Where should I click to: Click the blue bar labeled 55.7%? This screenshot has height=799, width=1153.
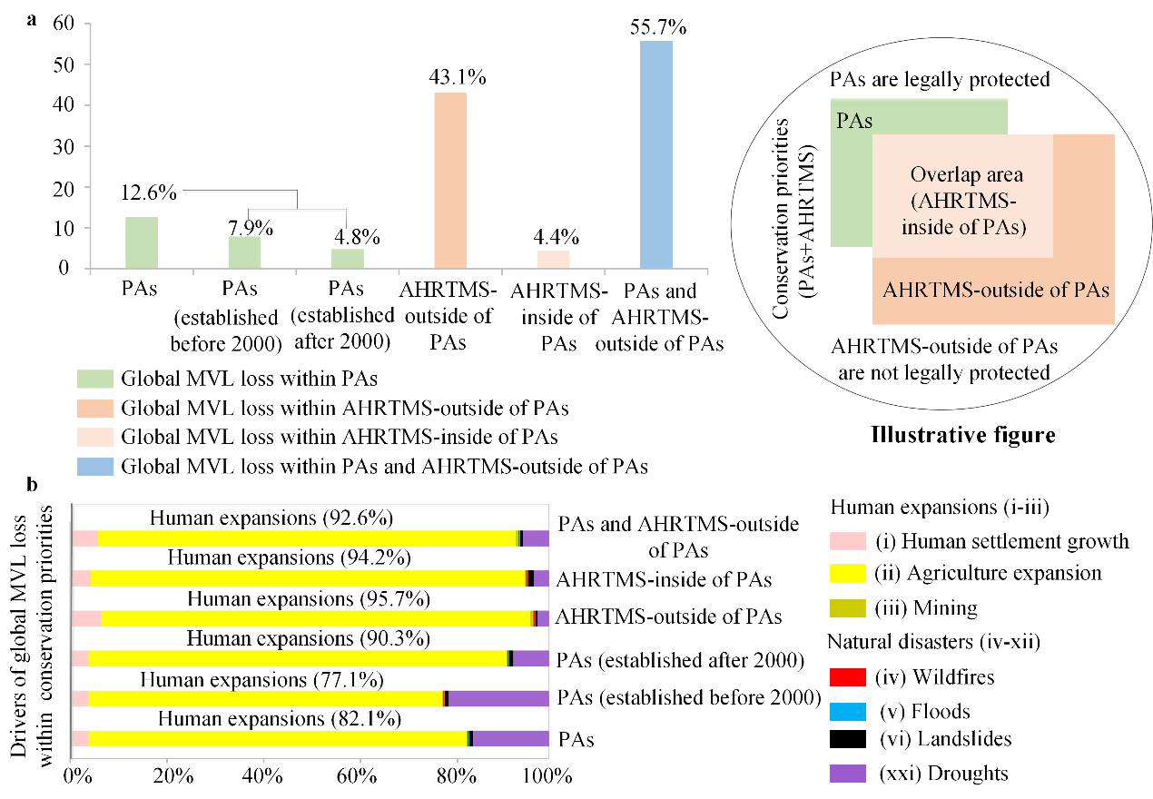coord(656,154)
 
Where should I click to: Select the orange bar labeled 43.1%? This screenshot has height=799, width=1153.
coord(450,180)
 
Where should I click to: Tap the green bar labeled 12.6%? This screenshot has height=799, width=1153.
coord(142,242)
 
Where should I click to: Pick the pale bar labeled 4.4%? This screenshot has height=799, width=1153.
coord(553,259)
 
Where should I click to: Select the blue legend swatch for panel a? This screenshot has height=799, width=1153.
coord(94,468)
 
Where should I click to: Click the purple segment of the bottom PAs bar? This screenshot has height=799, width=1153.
coord(511,738)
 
